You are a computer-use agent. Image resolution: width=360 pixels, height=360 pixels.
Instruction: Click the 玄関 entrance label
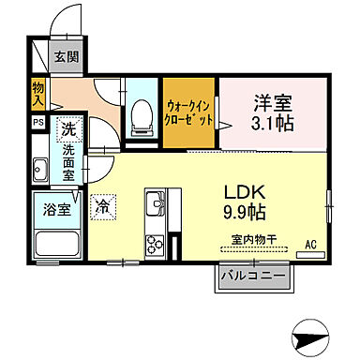(67, 58)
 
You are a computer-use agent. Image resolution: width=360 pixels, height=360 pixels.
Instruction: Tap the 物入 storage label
(38, 91)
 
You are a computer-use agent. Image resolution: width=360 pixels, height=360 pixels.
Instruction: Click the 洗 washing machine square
(68, 128)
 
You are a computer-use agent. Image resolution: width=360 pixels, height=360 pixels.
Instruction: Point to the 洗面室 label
(69, 159)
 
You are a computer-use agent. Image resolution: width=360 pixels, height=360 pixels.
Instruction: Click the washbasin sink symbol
(42, 171)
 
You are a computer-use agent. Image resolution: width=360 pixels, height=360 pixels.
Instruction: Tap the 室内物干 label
(251, 239)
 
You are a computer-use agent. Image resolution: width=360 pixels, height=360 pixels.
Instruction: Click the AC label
(310, 245)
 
